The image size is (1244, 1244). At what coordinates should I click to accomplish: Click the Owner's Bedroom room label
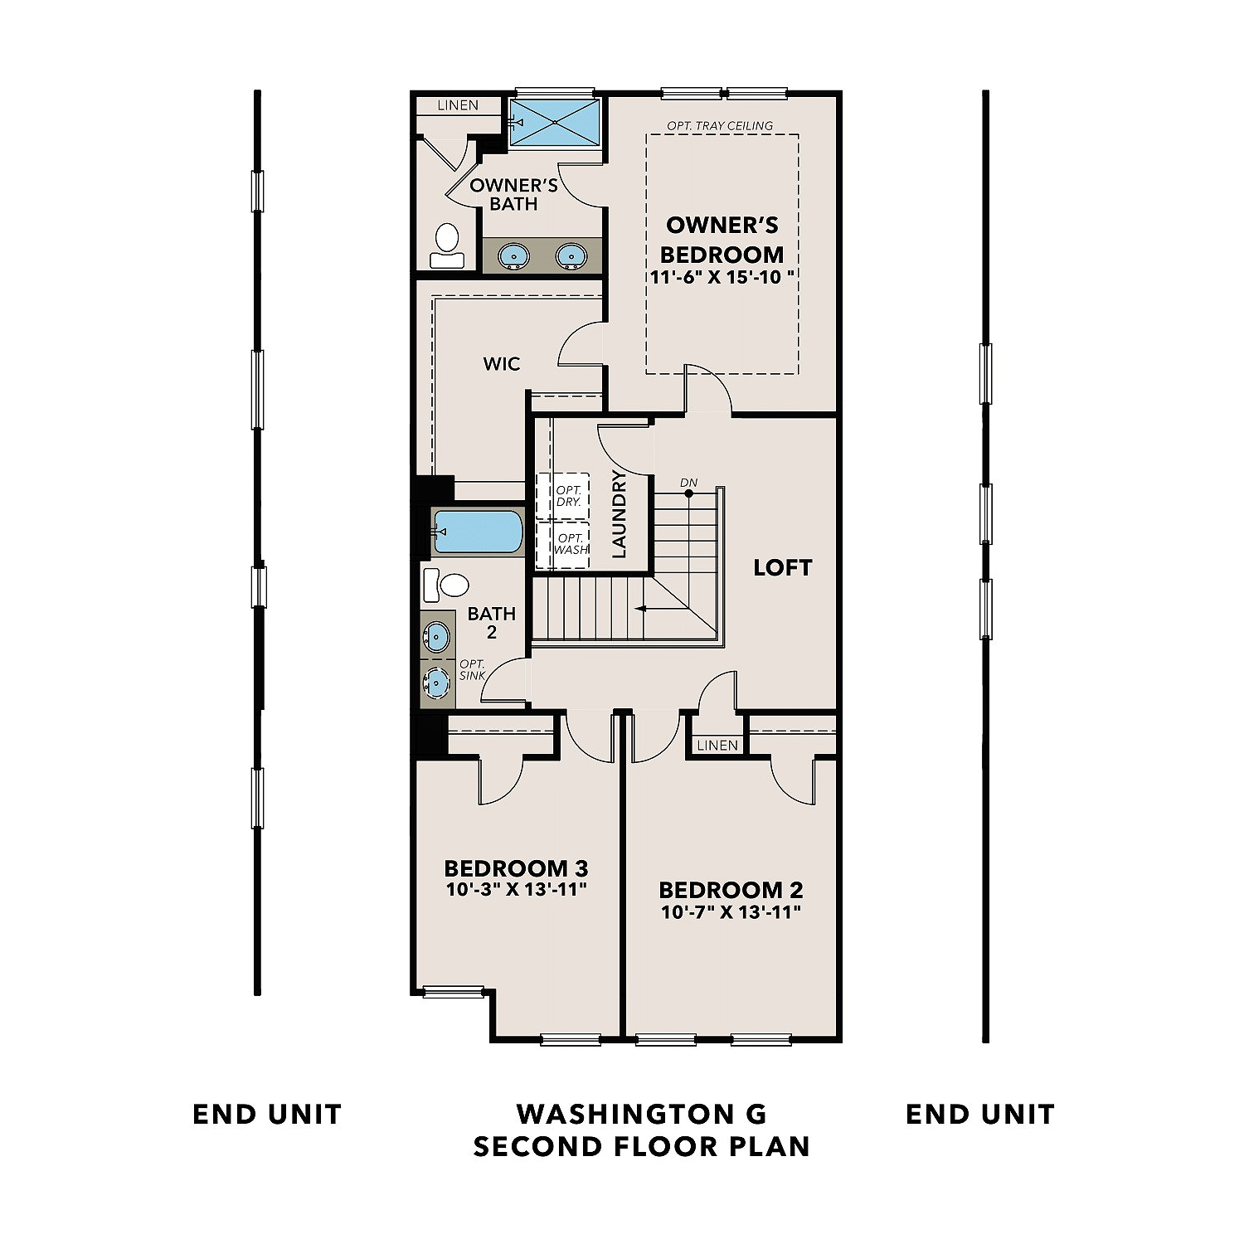pos(722,240)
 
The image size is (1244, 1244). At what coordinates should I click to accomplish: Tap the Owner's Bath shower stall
pos(554,123)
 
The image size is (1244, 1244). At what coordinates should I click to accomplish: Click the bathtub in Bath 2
pos(478,532)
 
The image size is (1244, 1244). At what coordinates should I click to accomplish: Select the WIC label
pos(502,363)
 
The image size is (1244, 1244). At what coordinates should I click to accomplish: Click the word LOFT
pos(782,567)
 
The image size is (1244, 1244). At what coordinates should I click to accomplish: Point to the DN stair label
pos(688,483)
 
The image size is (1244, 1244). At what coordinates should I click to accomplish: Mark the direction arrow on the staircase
pos(643,609)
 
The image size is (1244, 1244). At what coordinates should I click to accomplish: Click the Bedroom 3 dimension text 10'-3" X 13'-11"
pos(516,890)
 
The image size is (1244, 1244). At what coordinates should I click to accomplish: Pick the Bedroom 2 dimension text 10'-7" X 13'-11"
pos(731,912)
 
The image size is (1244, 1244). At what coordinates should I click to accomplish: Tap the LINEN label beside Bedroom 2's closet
pos(717,745)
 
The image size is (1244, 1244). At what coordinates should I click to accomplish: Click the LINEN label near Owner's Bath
pos(458,105)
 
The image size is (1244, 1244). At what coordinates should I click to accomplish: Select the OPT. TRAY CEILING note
pos(720,125)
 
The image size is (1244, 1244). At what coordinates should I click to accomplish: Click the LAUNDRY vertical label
pos(619,514)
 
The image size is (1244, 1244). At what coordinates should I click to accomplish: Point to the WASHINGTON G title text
pos(641,1113)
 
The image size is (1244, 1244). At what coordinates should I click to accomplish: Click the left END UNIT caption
pos(267,1114)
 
